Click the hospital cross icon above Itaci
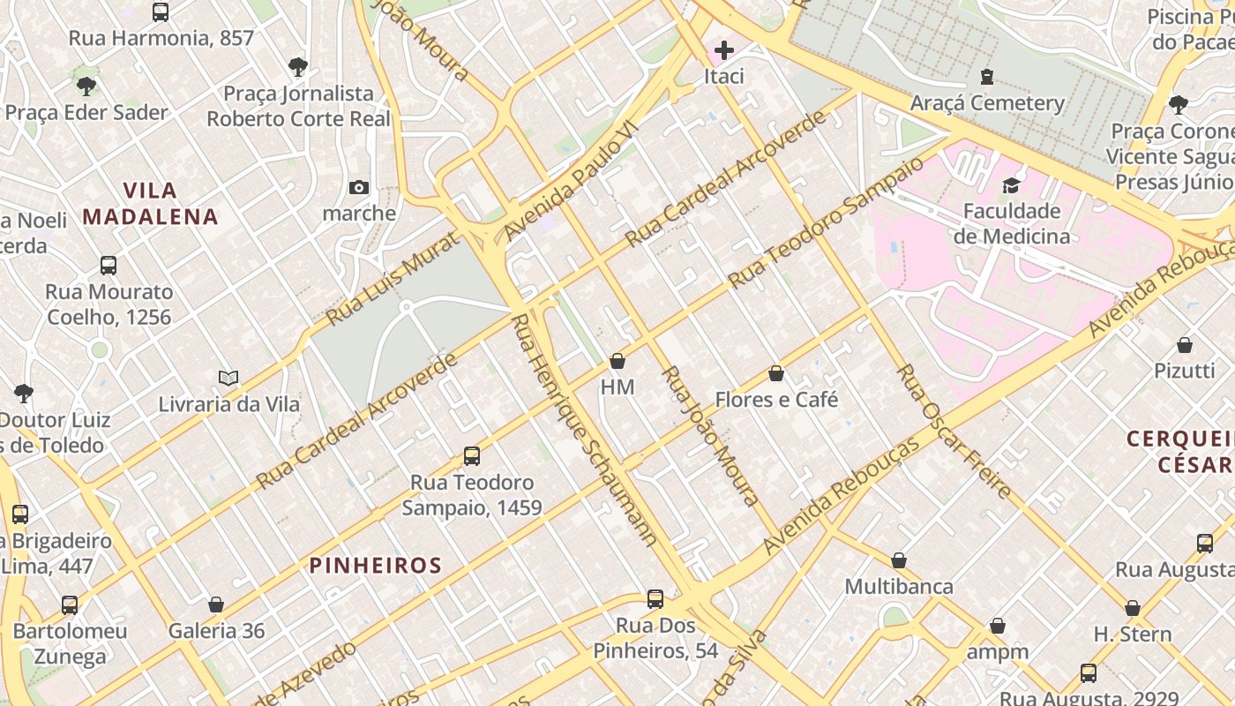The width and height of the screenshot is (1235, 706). tap(724, 50)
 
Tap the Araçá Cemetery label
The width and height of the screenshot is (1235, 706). tap(987, 103)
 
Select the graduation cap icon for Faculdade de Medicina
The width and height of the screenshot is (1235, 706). tap(1011, 185)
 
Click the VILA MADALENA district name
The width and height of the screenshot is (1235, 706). tap(150, 204)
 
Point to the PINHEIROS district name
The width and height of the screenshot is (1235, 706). tap(375, 566)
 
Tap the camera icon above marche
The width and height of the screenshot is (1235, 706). tap(358, 187)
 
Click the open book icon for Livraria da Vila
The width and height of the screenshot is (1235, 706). tap(228, 379)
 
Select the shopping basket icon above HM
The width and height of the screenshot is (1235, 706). tap(617, 361)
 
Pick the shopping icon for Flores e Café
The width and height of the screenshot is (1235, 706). tap(776, 373)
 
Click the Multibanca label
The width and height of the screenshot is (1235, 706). tap(898, 587)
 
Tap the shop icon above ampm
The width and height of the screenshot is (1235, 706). tap(998, 626)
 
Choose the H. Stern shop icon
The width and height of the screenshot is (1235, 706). tap(1133, 608)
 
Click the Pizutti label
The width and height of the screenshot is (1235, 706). tap(1184, 371)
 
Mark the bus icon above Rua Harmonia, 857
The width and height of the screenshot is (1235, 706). tap(161, 12)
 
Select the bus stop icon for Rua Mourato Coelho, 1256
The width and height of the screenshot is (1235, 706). tap(109, 266)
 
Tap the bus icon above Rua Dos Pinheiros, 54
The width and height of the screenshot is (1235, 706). tap(655, 599)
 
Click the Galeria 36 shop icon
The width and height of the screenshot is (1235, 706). tap(216, 605)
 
